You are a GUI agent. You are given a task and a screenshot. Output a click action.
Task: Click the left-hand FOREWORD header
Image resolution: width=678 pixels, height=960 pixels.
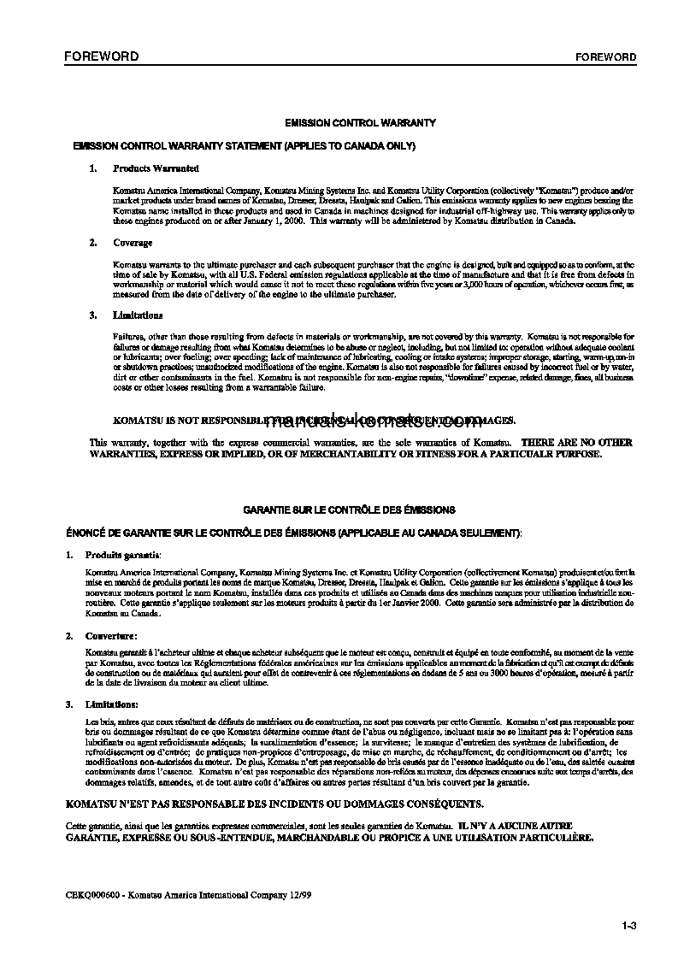(102, 57)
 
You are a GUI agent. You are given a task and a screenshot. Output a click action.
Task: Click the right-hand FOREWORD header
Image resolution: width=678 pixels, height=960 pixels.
(605, 58)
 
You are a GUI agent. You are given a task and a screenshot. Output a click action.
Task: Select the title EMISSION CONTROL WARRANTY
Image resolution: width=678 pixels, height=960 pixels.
(360, 123)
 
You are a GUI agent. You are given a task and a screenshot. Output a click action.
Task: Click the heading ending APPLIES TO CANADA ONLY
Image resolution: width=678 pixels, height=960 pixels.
(245, 146)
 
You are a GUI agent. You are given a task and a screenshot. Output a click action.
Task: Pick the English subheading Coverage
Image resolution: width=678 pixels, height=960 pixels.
(133, 243)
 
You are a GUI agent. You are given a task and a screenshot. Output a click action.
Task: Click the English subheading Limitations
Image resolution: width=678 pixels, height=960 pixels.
(137, 315)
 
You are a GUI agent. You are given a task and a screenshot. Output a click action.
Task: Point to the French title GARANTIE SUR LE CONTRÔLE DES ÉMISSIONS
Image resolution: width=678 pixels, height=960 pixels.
(349, 509)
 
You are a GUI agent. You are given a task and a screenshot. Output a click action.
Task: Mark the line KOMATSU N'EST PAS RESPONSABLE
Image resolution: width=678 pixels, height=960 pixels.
(274, 804)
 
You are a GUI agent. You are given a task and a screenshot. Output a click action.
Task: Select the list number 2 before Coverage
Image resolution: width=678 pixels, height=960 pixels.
(92, 243)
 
